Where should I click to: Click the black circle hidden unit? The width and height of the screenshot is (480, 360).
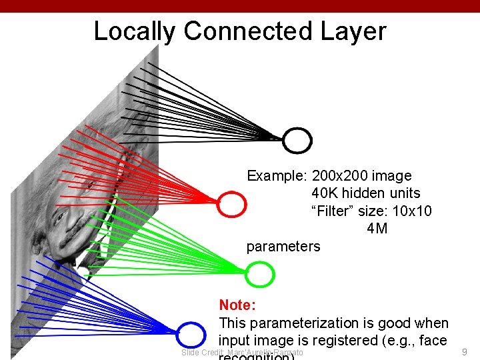tap(297, 141)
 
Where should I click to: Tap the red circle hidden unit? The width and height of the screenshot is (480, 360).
tap(232, 204)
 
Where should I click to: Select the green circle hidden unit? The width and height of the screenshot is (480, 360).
tap(260, 274)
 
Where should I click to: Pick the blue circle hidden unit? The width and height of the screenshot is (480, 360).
tap(191, 335)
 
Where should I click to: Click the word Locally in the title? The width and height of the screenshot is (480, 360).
tap(134, 31)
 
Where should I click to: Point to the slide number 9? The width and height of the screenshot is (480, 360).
tap(465, 351)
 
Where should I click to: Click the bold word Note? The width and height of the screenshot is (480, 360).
tap(237, 305)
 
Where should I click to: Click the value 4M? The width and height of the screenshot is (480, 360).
tap(377, 229)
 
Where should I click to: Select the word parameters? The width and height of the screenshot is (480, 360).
tap(283, 247)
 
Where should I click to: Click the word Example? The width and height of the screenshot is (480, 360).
tap(276, 176)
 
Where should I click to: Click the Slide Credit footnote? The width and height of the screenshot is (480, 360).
tap(242, 353)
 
